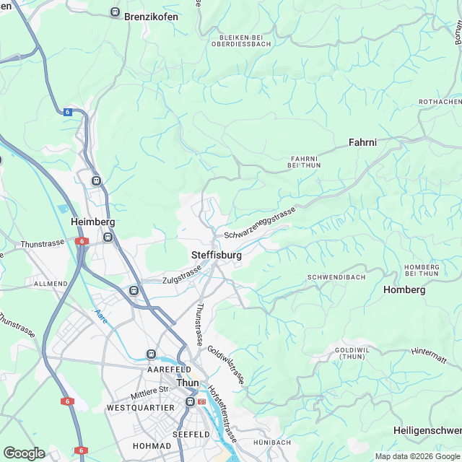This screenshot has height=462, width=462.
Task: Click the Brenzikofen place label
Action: (151, 15)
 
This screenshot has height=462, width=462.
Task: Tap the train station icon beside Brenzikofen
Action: (115, 12)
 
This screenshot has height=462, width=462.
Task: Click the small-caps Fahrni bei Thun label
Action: (304, 162)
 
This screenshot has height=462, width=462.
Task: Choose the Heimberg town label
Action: (93, 222)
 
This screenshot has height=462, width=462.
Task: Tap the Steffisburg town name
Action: (216, 256)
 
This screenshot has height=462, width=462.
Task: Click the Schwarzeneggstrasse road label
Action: (260, 223)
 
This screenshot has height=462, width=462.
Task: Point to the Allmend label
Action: (51, 284)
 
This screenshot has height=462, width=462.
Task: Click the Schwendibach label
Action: (336, 277)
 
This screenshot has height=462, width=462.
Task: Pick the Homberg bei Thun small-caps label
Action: (422, 271)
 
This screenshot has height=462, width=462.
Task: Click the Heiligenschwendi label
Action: (427, 430)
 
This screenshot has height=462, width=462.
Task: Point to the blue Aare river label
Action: (101, 316)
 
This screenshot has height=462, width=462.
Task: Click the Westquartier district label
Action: (140, 408)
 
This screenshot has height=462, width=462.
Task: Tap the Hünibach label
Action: (271, 442)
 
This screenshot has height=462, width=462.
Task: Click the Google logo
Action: (24, 453)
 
